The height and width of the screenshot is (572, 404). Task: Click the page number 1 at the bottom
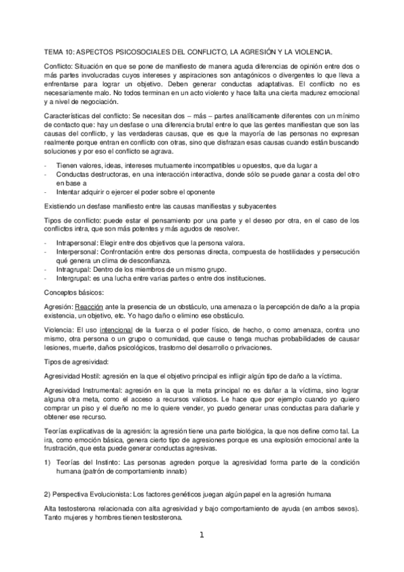[202, 536]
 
